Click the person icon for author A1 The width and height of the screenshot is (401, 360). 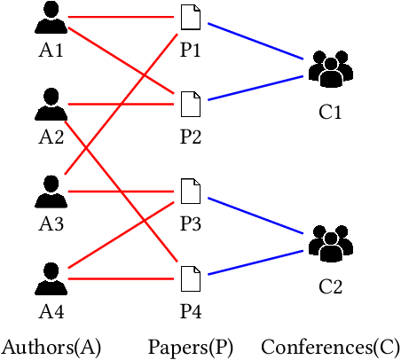point(51,19)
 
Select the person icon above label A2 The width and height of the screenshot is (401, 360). point(51,105)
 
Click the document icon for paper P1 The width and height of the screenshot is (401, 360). point(191,18)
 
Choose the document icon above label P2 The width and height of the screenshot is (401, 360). point(191,105)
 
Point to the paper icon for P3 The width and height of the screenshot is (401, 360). point(191,191)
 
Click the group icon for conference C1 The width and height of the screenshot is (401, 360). point(330,71)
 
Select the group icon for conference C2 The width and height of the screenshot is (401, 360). point(330,245)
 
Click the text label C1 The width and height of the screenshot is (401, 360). point(330,113)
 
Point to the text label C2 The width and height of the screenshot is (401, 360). point(330,287)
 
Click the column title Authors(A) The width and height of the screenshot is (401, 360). point(51,347)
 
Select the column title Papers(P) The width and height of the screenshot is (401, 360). point(191,347)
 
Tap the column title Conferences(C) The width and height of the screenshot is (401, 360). point(330,347)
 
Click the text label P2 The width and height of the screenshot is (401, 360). point(191,137)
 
